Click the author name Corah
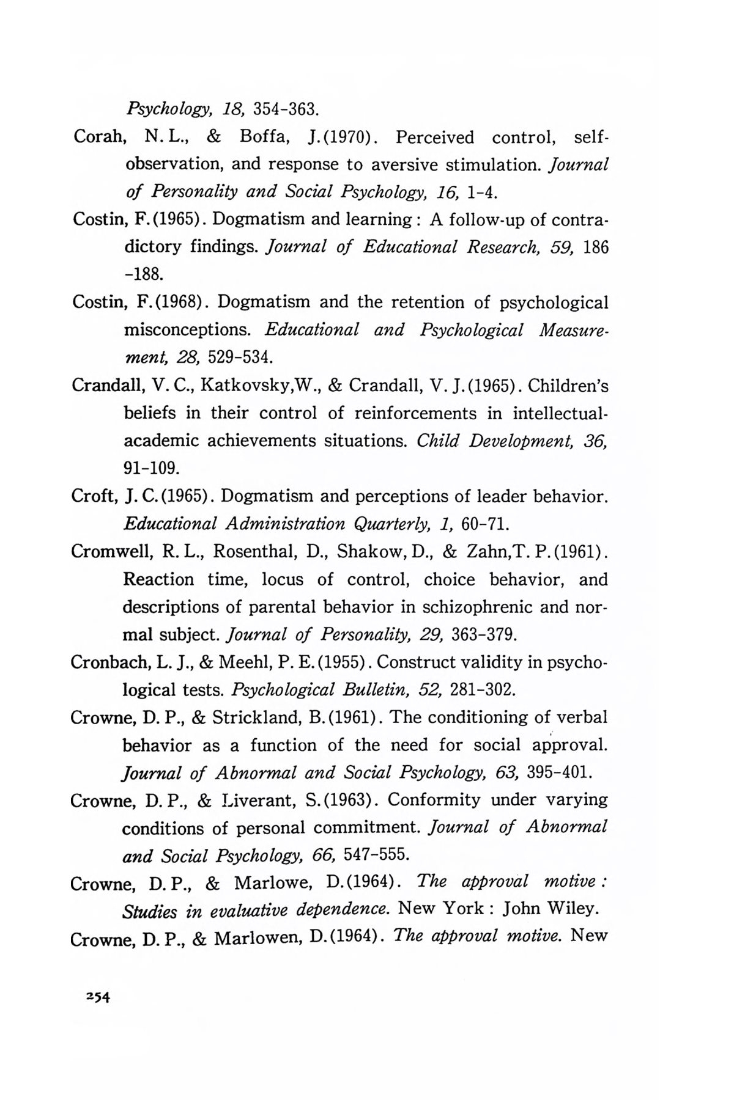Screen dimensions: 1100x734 coord(100,137)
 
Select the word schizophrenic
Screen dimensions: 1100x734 coord(475,607)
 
